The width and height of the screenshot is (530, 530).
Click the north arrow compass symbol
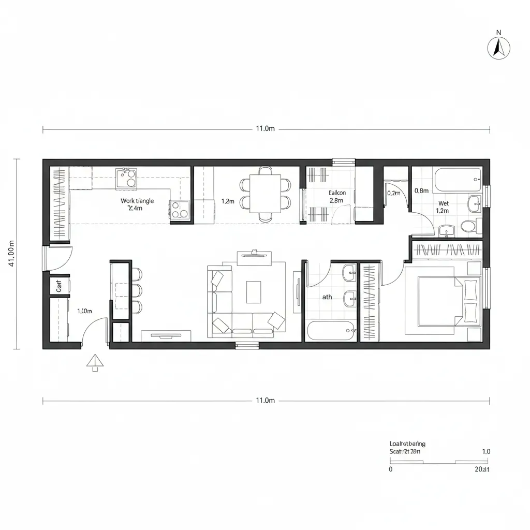click(x=499, y=48)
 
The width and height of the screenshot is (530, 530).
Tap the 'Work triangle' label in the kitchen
click(x=137, y=201)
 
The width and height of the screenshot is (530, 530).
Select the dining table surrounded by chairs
click(x=265, y=194)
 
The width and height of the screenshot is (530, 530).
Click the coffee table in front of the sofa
click(x=254, y=292)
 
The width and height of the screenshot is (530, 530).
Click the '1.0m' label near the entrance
click(x=84, y=311)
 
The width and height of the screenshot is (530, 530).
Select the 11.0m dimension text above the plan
click(x=265, y=129)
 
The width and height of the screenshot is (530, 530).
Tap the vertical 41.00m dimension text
click(x=11, y=253)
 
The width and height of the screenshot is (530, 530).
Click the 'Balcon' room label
click(x=337, y=193)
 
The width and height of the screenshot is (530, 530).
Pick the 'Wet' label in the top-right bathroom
click(x=443, y=203)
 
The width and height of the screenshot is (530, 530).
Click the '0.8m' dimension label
click(x=422, y=190)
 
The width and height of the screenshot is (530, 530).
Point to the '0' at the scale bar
click(x=390, y=469)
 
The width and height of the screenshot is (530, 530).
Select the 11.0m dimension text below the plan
click(x=265, y=400)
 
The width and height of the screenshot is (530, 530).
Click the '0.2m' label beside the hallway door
click(x=394, y=193)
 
